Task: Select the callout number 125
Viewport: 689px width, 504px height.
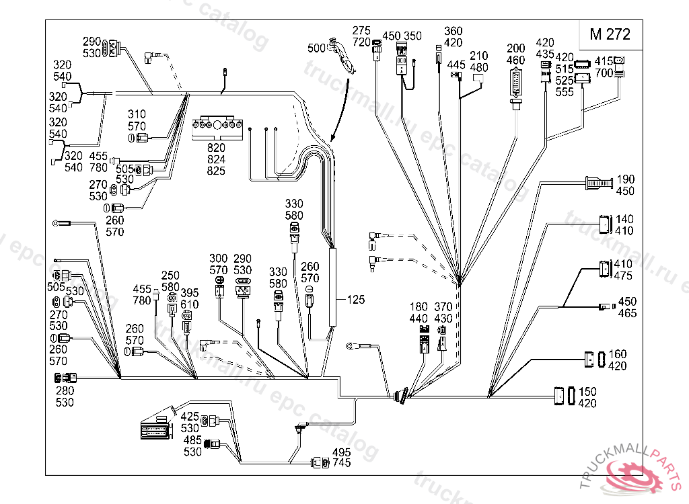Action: pos(356,300)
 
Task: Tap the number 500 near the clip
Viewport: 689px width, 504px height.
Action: pos(316,48)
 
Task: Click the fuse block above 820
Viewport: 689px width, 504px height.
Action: pos(215,128)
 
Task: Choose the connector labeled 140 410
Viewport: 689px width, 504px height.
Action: pos(604,224)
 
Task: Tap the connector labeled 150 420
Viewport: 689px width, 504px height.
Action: pos(565,396)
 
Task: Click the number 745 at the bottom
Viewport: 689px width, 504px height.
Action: pos(341,463)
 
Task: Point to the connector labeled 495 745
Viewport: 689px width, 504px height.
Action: pos(320,462)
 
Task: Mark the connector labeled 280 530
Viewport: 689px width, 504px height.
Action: pos(65,378)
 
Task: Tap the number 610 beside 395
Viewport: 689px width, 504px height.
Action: pos(189,304)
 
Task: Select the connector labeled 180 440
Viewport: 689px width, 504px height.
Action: pos(424,339)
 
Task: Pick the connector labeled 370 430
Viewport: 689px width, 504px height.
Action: pos(442,339)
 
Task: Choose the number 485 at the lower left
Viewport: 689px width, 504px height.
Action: pos(192,440)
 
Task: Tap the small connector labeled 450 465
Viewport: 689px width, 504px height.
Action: pos(604,308)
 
